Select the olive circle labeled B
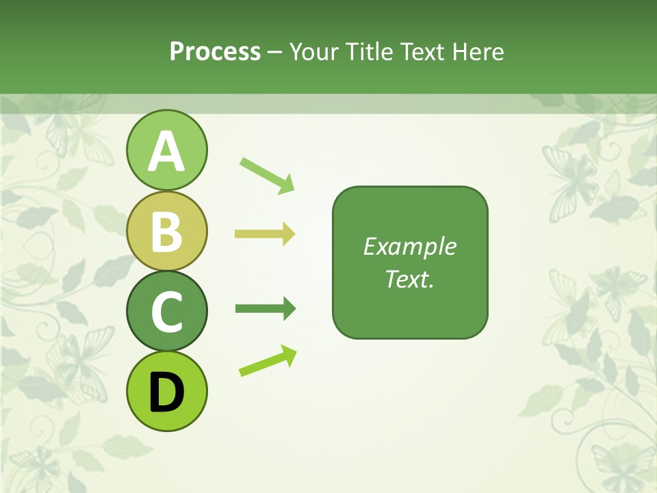pyautogui.click(x=166, y=231)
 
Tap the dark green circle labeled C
pyautogui.click(x=166, y=312)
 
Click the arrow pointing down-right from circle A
pyautogui.click(x=266, y=175)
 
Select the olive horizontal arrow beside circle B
pyautogui.click(x=264, y=234)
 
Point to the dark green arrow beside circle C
pyautogui.click(x=265, y=309)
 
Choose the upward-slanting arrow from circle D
pyautogui.click(x=268, y=360)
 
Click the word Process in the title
pyautogui.click(x=215, y=51)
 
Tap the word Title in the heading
pyautogui.click(x=371, y=51)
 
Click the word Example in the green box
pyautogui.click(x=409, y=246)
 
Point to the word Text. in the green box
pyautogui.click(x=409, y=279)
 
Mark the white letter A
pyautogui.click(x=166, y=152)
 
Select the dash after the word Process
pyautogui.click(x=275, y=52)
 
